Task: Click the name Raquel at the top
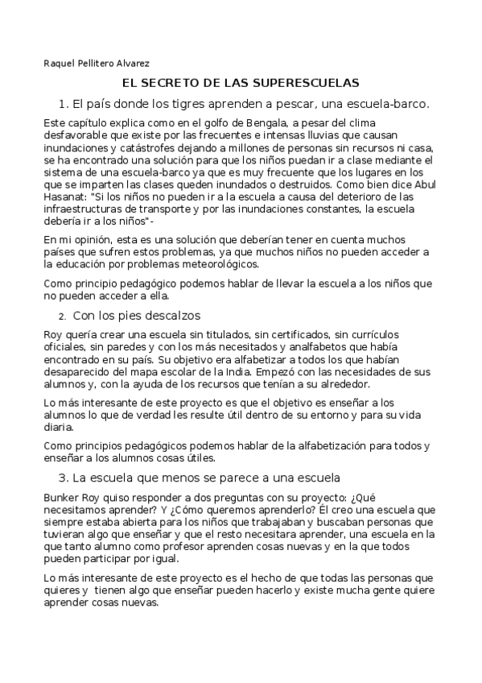tap(57, 63)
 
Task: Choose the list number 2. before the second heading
tap(63, 315)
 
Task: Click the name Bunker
tap(63, 497)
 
